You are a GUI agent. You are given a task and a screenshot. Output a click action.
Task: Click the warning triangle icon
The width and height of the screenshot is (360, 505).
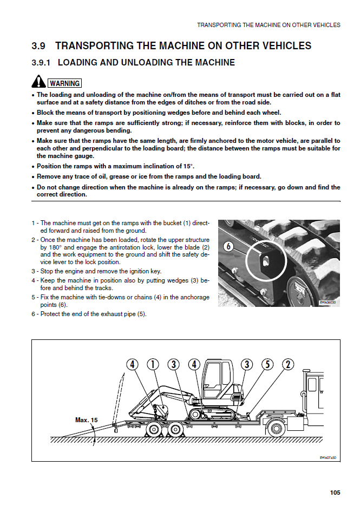click(x=38, y=82)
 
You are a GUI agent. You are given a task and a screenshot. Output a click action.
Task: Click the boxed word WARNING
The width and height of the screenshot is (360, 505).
click(x=65, y=83)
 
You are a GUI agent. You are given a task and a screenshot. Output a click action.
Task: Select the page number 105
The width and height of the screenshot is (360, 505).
click(x=335, y=493)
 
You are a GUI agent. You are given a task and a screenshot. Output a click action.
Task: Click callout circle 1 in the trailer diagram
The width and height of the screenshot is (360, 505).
click(x=153, y=365)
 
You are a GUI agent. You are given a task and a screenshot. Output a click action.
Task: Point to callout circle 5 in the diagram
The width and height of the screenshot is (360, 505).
click(x=268, y=364)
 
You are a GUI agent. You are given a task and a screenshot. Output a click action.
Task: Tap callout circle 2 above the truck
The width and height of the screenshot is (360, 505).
click(x=288, y=364)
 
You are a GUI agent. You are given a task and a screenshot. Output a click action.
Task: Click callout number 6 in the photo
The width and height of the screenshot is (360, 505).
click(x=228, y=246)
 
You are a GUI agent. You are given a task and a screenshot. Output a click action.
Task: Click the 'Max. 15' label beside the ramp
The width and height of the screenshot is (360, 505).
click(x=87, y=419)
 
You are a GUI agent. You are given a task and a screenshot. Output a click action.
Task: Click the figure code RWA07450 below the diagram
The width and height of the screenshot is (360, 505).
click(x=328, y=457)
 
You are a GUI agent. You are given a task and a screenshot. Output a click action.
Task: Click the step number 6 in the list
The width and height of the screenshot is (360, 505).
click(x=34, y=314)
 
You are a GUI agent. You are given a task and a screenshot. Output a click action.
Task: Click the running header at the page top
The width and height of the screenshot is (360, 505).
click(x=269, y=25)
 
